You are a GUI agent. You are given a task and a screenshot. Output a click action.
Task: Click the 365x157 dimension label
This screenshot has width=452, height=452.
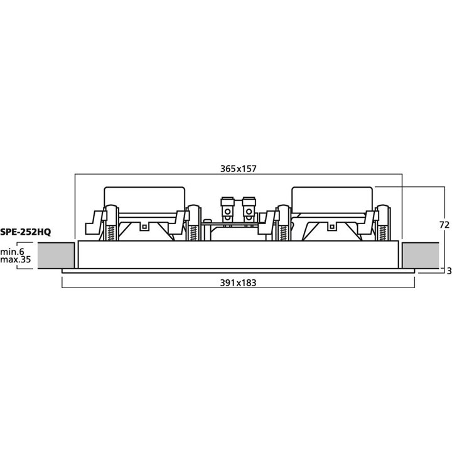238,168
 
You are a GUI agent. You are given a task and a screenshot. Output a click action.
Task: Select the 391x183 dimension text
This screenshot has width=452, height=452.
238,282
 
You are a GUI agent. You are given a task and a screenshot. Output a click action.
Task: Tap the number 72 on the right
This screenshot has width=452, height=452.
444,225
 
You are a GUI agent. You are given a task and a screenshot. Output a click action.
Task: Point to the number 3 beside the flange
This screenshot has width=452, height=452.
449,271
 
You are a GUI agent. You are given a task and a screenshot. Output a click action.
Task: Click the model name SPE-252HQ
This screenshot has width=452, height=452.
25,232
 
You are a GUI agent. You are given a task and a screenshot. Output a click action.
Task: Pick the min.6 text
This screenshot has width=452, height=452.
12,252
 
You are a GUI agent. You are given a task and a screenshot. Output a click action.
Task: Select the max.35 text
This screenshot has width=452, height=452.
15,259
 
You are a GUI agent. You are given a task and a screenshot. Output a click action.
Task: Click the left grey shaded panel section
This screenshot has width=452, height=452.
56,256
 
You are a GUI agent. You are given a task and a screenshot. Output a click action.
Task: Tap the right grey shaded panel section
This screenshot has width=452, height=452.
421,256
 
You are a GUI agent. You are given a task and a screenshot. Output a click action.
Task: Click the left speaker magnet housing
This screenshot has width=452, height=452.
144,200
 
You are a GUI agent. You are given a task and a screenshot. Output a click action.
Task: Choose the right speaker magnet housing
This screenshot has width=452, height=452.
332,200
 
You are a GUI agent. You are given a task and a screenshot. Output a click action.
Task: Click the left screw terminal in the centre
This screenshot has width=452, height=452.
227,210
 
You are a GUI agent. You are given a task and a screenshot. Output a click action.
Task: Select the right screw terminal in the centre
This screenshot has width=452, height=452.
249,210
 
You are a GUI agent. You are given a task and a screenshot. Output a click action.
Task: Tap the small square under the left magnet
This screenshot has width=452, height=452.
144,227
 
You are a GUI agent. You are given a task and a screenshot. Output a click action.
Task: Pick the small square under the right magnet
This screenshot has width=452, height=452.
332,227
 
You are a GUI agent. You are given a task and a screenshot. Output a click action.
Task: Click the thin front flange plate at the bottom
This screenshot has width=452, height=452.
238,271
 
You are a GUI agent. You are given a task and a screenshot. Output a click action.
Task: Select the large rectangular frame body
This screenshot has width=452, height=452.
239,254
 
